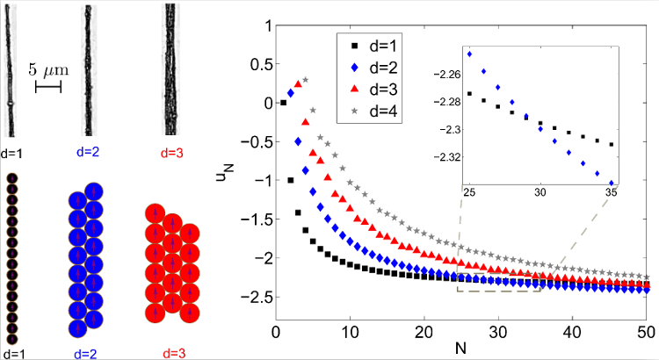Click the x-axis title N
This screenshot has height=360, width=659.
tap(460, 349)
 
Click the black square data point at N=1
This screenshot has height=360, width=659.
tap(283, 103)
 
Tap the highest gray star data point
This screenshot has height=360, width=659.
tap(305, 80)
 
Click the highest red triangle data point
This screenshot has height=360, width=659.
tap(298, 85)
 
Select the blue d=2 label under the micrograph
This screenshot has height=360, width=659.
tap(89, 152)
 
